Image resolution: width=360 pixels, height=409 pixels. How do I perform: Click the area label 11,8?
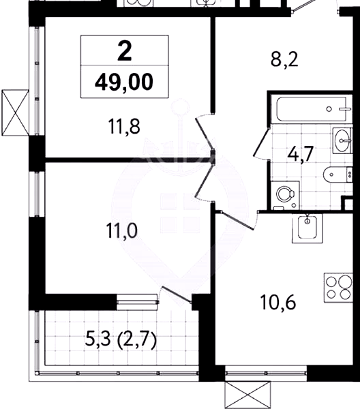click(124, 127)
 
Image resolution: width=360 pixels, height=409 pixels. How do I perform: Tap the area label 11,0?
click(121, 231)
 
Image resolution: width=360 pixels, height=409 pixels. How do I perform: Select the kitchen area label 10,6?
click(277, 303)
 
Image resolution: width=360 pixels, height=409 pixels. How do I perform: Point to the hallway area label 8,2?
click(284, 60)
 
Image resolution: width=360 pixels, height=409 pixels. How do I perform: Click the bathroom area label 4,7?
click(300, 155)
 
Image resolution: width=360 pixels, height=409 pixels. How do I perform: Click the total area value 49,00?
click(124, 82)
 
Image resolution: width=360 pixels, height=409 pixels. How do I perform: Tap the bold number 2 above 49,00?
click(125, 51)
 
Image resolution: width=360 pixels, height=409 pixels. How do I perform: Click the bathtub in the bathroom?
click(312, 109)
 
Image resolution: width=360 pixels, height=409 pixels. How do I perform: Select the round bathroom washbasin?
click(343, 140)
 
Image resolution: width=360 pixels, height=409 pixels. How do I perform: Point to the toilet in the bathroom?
click(337, 174)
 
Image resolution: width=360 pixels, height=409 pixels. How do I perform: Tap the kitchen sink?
click(307, 228)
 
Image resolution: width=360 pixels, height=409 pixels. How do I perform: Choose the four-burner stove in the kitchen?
click(338, 288)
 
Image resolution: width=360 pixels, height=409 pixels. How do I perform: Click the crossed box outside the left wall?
click(15, 112)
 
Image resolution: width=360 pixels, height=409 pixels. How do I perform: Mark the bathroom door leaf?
click(262, 142)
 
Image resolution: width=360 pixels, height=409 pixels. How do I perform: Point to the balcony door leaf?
click(177, 294)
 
